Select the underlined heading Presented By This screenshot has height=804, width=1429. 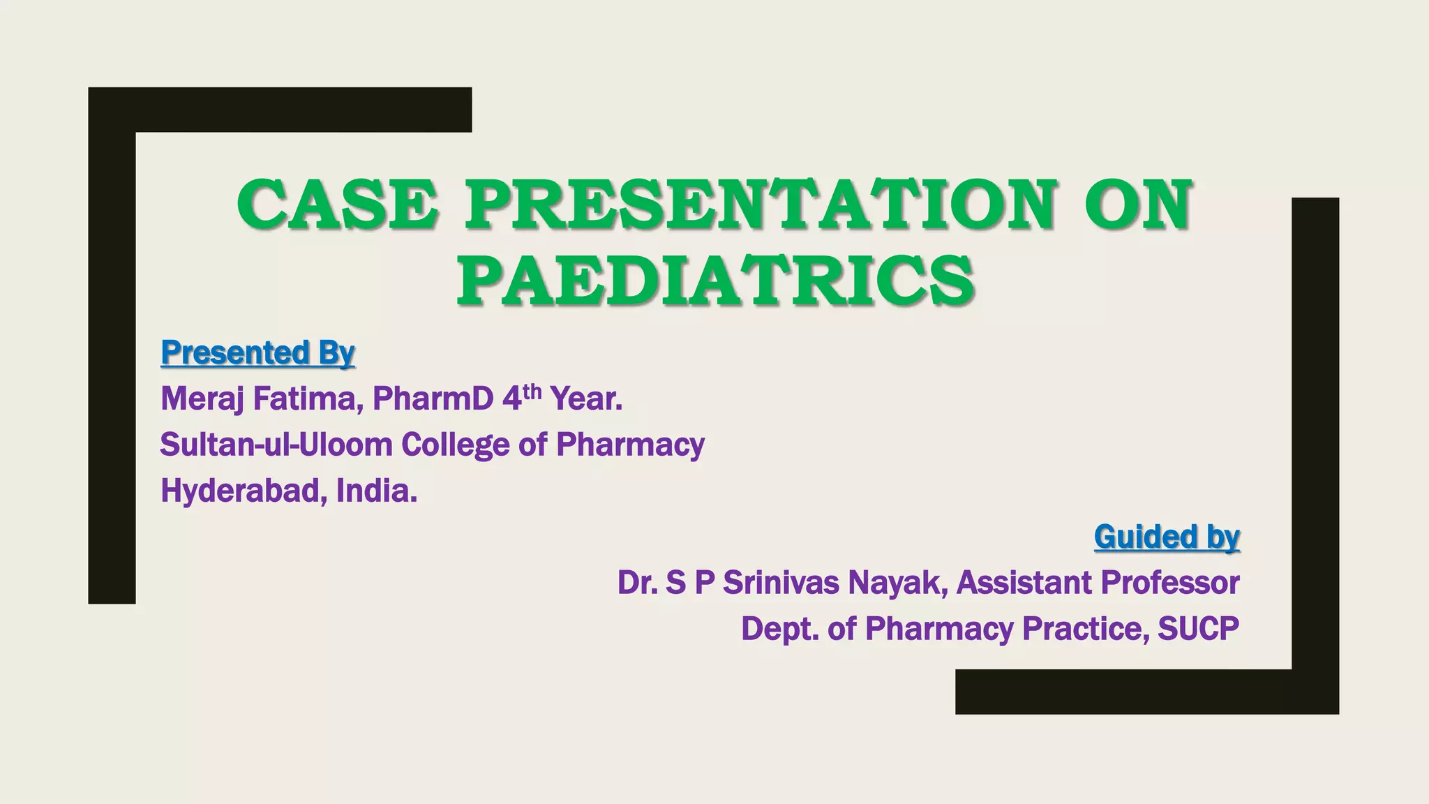[x=257, y=353]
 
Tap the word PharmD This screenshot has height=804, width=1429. [x=433, y=399]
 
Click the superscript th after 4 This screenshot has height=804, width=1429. [x=532, y=391]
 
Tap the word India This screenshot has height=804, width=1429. [x=377, y=491]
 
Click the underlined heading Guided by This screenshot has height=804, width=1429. [x=1167, y=537]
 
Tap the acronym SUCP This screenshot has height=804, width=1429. [x=1198, y=629]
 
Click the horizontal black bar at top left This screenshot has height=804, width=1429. [x=280, y=110]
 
